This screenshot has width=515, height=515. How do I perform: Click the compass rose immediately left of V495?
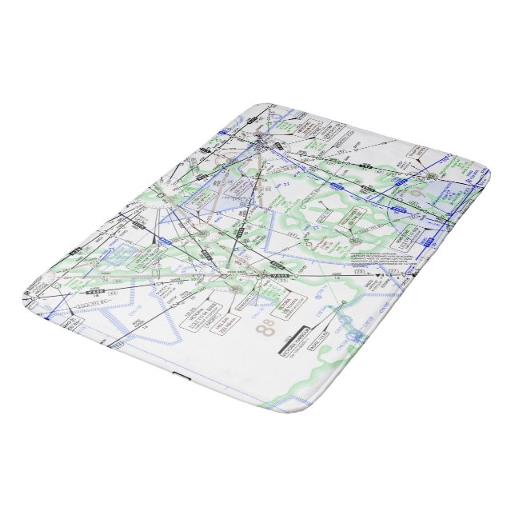tap(265, 277)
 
